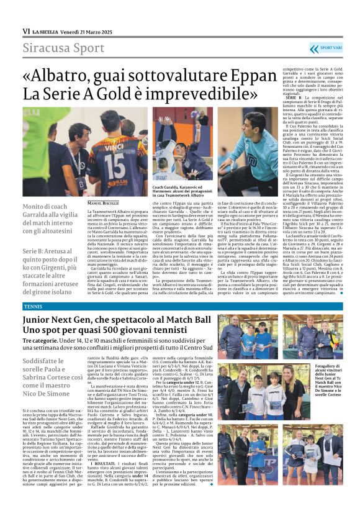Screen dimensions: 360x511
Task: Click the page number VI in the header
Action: [26, 31]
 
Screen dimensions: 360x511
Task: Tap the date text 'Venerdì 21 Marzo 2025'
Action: [89, 31]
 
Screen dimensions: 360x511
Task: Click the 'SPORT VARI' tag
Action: [330, 48]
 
